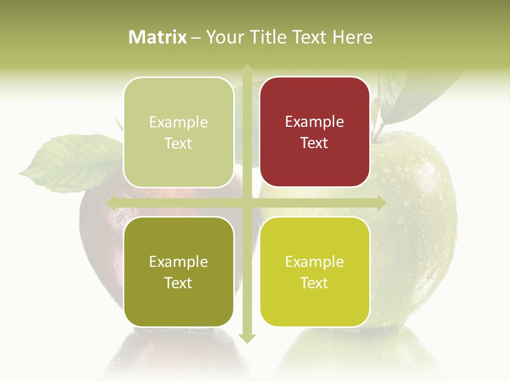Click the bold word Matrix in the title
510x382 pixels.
pyautogui.click(x=157, y=37)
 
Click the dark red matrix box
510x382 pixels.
pyautogui.click(x=314, y=132)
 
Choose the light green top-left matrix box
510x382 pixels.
pyautogui.click(x=178, y=132)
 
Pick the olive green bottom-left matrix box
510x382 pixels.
pyautogui.click(x=178, y=272)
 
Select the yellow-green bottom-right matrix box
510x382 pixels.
pyautogui.click(x=314, y=272)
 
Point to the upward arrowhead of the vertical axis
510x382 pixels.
pyautogui.click(x=246, y=68)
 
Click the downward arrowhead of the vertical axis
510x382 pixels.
pyautogui.click(x=246, y=338)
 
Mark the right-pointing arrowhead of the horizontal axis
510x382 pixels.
pyautogui.click(x=381, y=203)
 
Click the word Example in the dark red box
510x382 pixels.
pyautogui.click(x=314, y=122)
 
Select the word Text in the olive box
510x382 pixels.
pyautogui.click(x=178, y=283)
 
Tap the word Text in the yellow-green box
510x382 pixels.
pyautogui.click(x=314, y=283)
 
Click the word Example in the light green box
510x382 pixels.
pyautogui.click(x=178, y=123)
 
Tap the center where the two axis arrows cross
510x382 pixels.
pyautogui.click(x=246, y=203)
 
